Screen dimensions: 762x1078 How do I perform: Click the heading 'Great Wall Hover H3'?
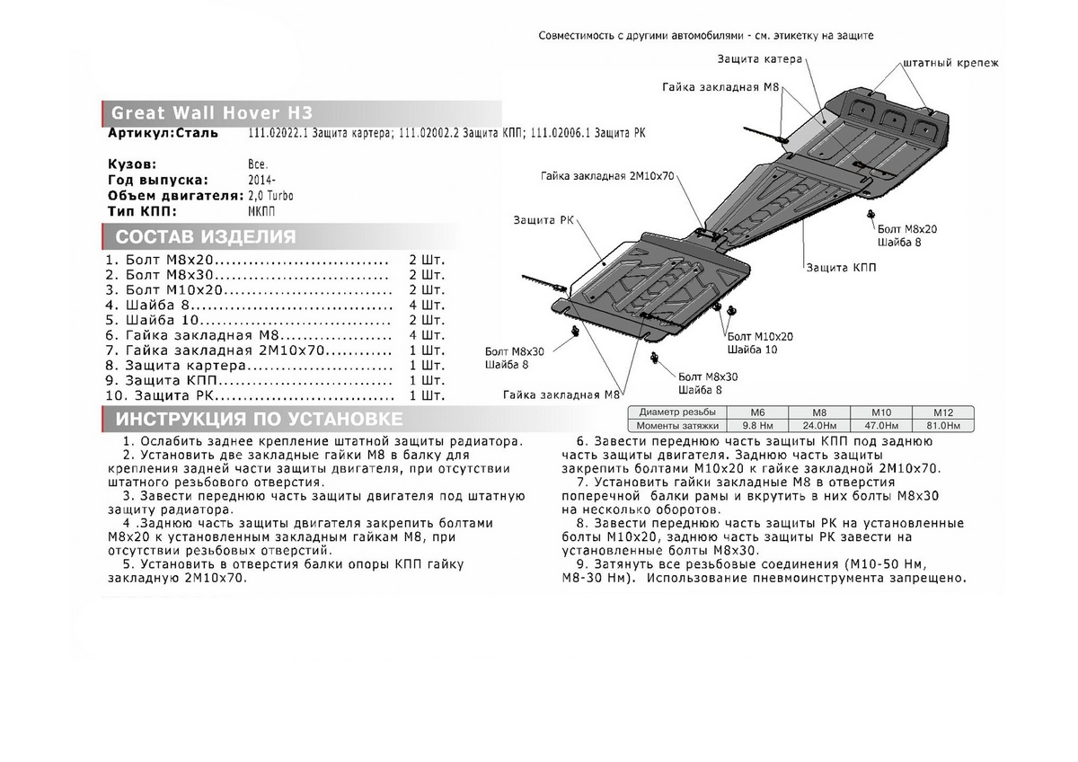pos(212,113)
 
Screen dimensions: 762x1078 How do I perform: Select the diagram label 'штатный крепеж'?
pos(950,63)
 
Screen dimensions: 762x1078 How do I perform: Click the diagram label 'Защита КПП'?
pos(841,268)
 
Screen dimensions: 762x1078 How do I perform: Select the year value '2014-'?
pos(261,180)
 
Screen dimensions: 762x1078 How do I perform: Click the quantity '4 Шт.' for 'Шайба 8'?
pos(427,305)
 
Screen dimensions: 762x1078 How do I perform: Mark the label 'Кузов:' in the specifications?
pos(132,165)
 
